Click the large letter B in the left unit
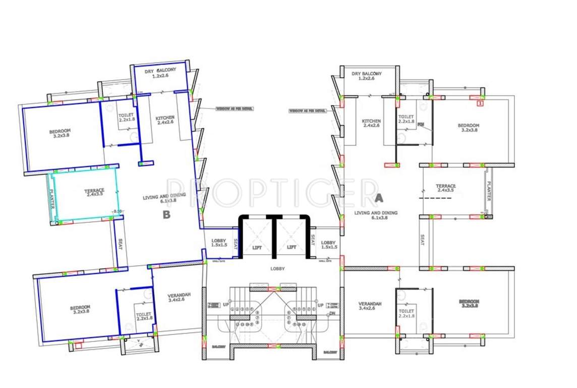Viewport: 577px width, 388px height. [x=165, y=215]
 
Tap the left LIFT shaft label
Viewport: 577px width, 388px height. [x=257, y=248]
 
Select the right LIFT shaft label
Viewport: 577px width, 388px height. [x=292, y=248]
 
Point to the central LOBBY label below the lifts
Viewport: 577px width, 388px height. [x=277, y=269]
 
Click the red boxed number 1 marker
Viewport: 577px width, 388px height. [x=480, y=104]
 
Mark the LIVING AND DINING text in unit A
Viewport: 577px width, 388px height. [x=376, y=213]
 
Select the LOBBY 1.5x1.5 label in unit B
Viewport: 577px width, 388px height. [x=219, y=243]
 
